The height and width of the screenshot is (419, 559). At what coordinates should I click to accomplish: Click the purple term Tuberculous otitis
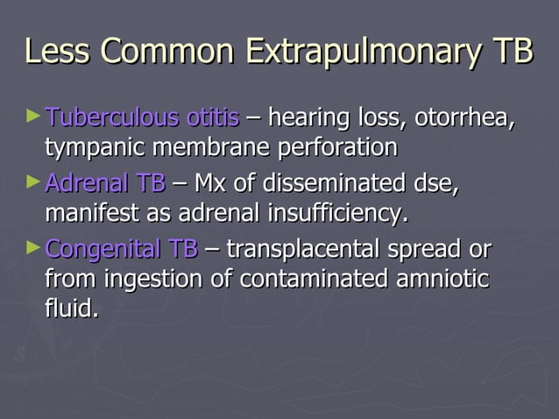coord(141,117)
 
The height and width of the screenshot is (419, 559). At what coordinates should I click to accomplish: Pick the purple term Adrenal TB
coord(104,183)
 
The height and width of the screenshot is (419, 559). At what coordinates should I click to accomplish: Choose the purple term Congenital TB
coord(121,250)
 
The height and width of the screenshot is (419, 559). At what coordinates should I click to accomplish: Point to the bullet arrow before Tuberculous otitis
coord(33,115)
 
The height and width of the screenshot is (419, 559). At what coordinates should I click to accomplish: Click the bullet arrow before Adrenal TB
coord(33,182)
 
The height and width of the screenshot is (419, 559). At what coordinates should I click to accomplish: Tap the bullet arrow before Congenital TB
coord(33,248)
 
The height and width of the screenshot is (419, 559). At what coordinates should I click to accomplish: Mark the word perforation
coord(337,146)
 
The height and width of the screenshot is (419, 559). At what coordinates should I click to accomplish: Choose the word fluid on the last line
coord(70,309)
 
